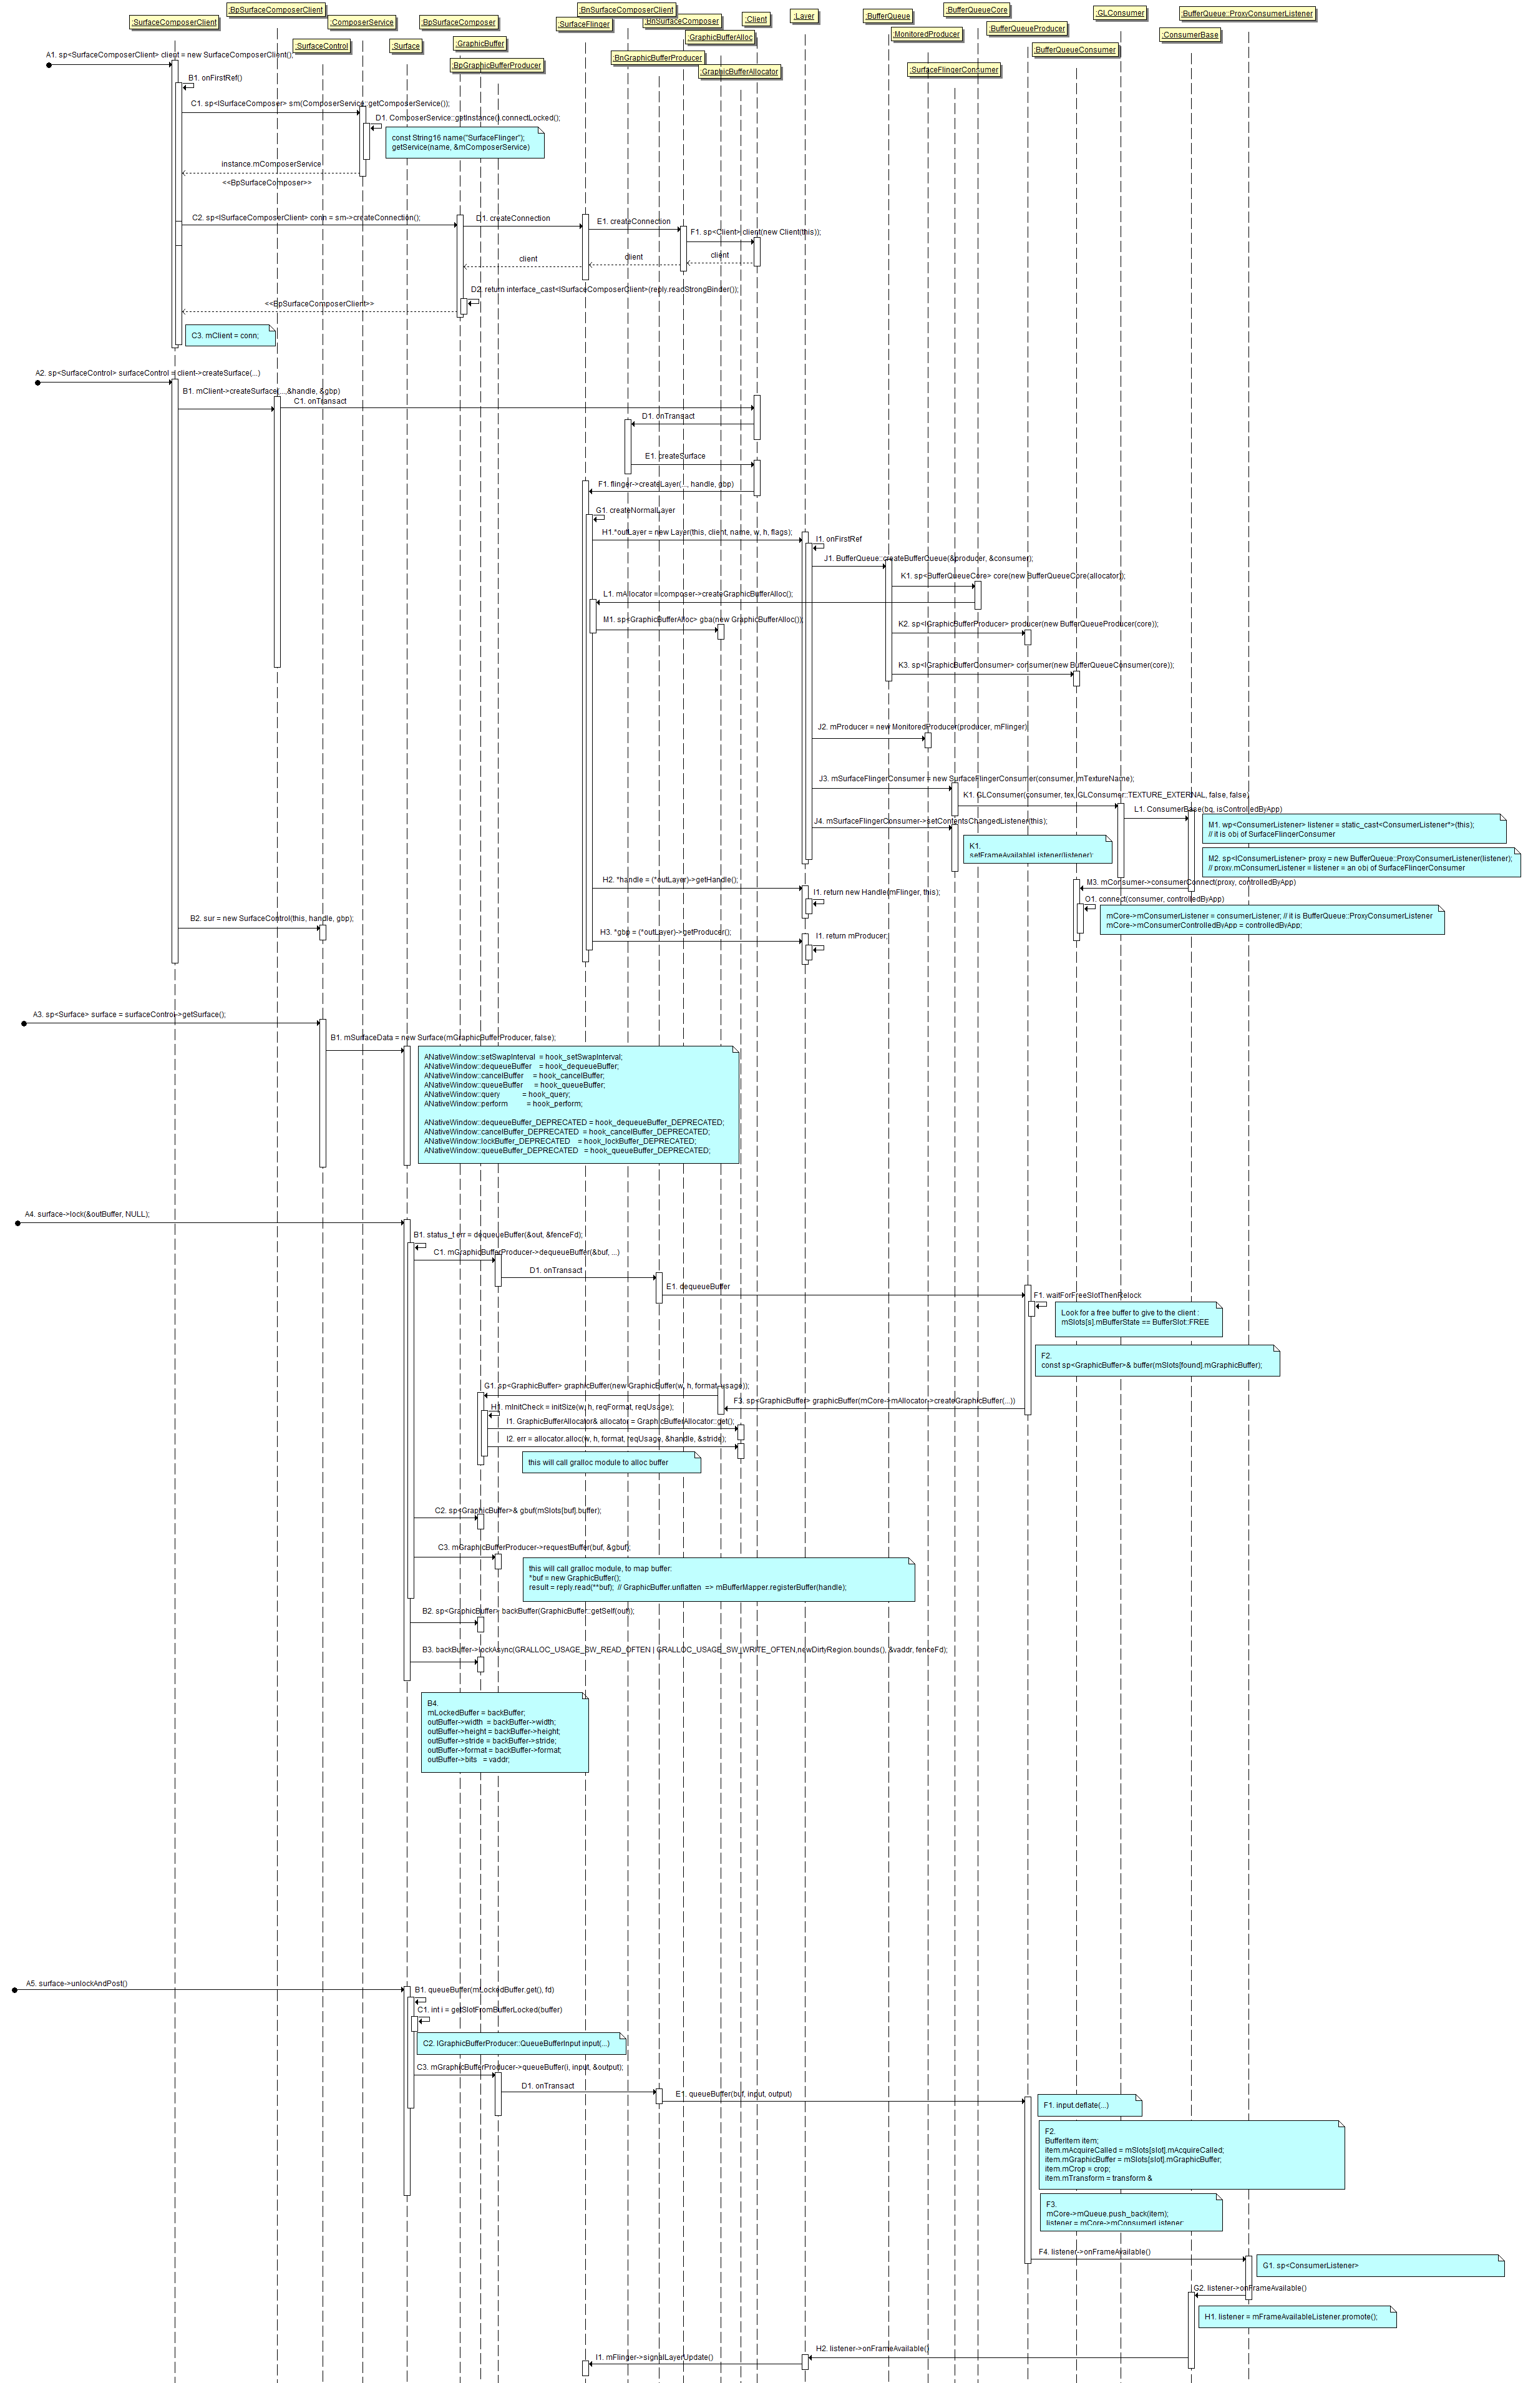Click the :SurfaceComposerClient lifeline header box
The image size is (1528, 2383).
coord(175,22)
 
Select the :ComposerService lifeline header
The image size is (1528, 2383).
coord(362,22)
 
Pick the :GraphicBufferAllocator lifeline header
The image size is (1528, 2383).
coord(740,71)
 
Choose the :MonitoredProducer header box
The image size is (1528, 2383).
coord(927,34)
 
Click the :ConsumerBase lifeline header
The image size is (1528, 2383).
coord(1190,35)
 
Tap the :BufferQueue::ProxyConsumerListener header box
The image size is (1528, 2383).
coord(1247,14)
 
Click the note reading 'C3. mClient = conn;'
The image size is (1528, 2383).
coord(229,335)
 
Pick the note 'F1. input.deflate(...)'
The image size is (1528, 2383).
coord(1089,2104)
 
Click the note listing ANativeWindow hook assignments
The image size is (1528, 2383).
coord(578,1103)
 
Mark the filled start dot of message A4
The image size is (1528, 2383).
coord(18,1223)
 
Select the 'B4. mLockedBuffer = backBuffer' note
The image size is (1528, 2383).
coord(504,1732)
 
